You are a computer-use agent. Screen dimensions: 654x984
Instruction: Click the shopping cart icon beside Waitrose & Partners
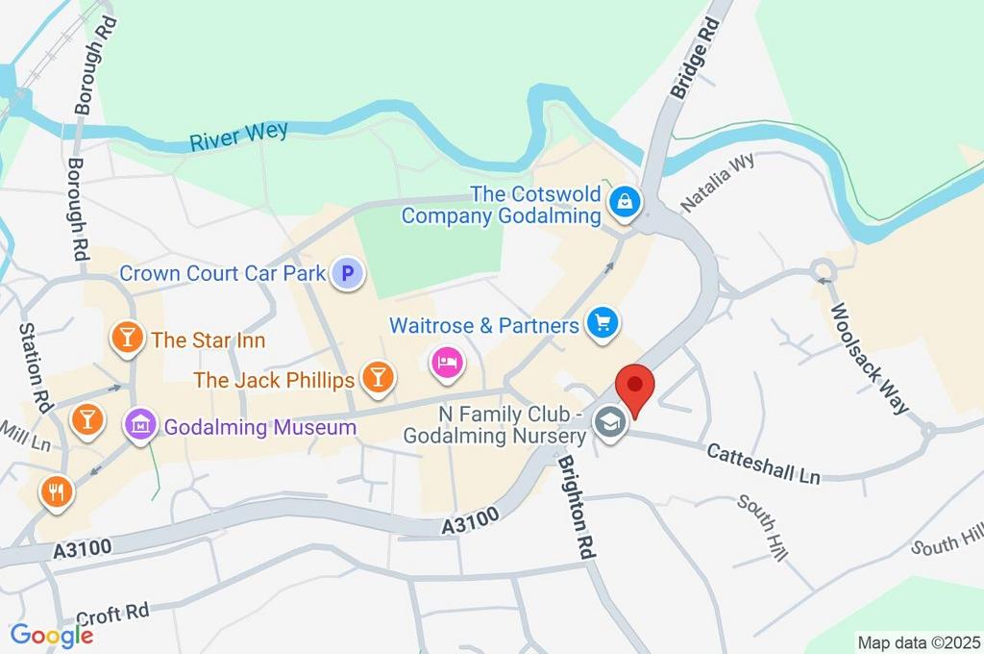tap(603, 325)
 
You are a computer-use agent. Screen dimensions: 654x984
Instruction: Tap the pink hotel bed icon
tap(448, 363)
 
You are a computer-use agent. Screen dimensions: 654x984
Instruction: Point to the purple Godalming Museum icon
tap(140, 424)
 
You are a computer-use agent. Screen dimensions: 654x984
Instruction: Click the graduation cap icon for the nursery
tap(609, 422)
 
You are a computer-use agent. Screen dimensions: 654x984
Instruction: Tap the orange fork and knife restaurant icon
tap(55, 491)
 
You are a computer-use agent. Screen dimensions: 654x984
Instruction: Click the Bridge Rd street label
tap(695, 55)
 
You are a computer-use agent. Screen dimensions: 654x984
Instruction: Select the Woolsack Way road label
tap(869, 358)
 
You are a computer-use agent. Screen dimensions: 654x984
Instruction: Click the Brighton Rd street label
tap(575, 507)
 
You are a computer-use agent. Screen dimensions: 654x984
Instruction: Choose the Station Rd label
tap(35, 367)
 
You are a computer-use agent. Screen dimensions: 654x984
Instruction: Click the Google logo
tap(51, 635)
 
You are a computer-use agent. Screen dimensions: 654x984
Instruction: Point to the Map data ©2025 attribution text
tap(918, 641)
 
